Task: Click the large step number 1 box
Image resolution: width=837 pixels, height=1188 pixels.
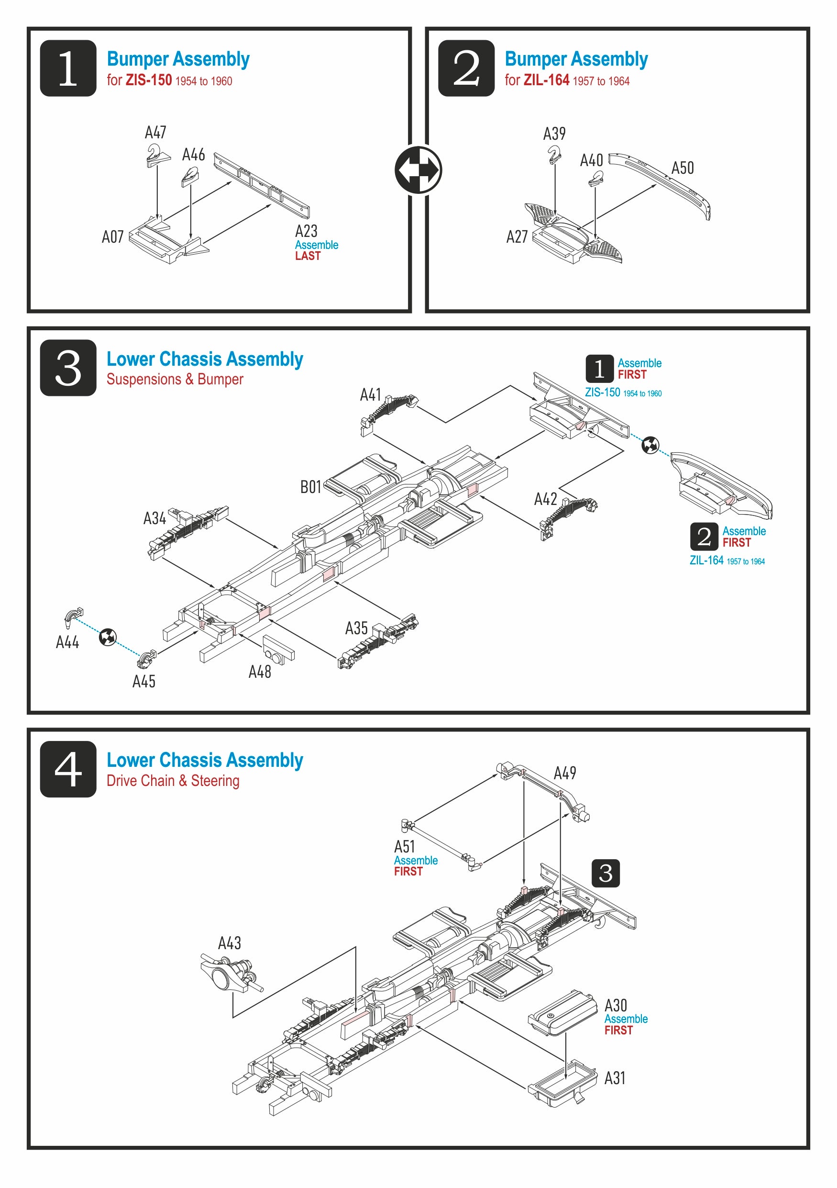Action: (x=68, y=68)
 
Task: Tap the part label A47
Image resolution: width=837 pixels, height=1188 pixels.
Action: (x=155, y=133)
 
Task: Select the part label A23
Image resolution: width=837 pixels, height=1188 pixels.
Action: (x=306, y=231)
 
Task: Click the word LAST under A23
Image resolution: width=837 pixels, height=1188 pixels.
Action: (x=308, y=256)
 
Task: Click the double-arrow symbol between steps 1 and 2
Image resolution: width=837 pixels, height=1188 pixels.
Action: (x=418, y=170)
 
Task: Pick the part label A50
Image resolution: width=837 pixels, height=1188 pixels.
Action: (x=683, y=168)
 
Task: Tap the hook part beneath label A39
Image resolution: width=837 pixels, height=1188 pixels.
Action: (x=554, y=154)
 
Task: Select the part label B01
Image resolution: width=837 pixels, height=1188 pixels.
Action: (x=311, y=487)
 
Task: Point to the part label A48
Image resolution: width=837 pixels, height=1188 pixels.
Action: (x=260, y=672)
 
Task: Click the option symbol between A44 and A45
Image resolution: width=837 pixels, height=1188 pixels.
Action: (x=108, y=637)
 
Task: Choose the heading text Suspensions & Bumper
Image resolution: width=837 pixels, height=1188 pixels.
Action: (x=175, y=379)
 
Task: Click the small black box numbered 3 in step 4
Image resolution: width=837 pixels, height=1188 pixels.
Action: (x=606, y=874)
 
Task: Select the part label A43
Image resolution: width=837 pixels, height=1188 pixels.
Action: (x=229, y=943)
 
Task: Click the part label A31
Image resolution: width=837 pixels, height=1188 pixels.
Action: (x=615, y=1078)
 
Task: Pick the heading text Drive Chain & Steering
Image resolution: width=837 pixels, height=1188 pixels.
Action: (x=173, y=781)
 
